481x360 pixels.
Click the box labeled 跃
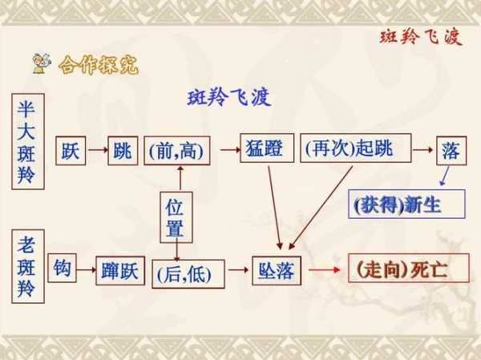[71, 151]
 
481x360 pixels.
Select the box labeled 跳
[123, 151]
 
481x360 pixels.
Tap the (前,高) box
[177, 151]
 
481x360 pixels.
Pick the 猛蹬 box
[267, 148]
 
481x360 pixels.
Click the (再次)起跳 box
[355, 148]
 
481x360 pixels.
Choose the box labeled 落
[451, 151]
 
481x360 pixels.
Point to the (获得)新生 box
[406, 204]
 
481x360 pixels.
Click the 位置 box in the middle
[176, 217]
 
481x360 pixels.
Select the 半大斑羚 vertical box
[28, 141]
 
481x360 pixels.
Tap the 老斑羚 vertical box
[28, 266]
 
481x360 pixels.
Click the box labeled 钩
[62, 268]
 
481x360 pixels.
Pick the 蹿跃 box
[120, 271]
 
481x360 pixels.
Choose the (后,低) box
[188, 274]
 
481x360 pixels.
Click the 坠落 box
[277, 271]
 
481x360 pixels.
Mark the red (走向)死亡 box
[409, 268]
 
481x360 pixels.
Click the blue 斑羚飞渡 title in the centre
[228, 98]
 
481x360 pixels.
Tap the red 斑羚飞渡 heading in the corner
[421, 38]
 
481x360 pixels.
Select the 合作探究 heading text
[99, 65]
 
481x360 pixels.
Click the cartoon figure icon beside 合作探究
[42, 63]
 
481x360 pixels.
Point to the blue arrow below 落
[444, 176]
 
